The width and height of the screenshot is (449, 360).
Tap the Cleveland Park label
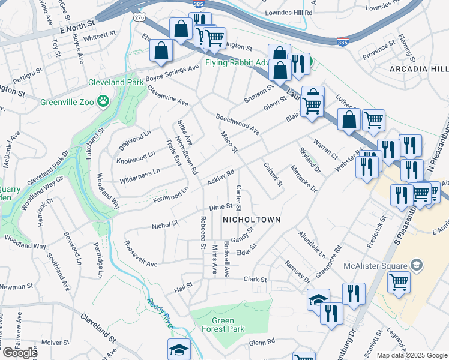pos(112,82)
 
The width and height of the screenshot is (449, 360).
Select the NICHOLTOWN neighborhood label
pos(252,220)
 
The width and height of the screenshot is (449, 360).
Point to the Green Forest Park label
pos(223,325)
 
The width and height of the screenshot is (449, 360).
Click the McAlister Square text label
pos(372,265)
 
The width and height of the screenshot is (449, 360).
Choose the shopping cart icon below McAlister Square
pos(399,282)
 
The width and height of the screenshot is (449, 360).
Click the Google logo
pos(20,353)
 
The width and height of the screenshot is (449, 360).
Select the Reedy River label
pos(160,313)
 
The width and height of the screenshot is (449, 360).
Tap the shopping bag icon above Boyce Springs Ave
pos(161,52)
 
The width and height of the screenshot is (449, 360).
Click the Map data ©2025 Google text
pos(412,355)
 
